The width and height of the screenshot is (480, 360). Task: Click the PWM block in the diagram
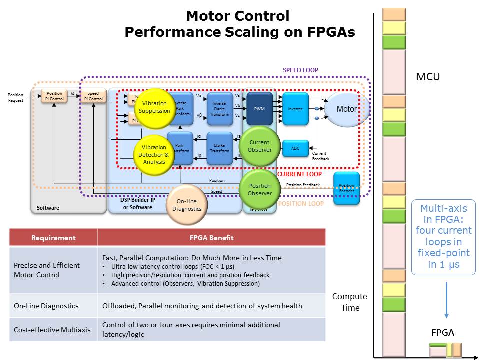[259, 108]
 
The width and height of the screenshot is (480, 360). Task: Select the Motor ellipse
[347, 109]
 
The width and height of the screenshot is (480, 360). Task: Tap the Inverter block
[295, 108]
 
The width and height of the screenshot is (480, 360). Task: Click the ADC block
[295, 148]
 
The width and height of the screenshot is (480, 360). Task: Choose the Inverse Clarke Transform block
[219, 108]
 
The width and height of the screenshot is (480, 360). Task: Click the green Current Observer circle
[259, 146]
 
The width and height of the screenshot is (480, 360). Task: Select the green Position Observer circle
[259, 189]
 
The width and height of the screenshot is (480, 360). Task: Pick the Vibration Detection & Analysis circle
[154, 154]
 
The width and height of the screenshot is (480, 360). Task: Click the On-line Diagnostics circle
[186, 205]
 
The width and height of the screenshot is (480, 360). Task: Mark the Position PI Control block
[54, 96]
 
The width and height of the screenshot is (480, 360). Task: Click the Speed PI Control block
[93, 96]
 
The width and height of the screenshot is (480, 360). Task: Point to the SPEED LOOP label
[300, 70]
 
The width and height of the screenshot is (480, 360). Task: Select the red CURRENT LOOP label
[299, 174]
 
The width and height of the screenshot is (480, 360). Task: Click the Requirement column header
[53, 238]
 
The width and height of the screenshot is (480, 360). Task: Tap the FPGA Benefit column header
[211, 238]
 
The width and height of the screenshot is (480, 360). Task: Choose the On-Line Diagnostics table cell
[46, 306]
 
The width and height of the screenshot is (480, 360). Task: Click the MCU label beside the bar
[428, 77]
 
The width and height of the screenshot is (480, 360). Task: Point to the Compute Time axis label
[350, 302]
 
